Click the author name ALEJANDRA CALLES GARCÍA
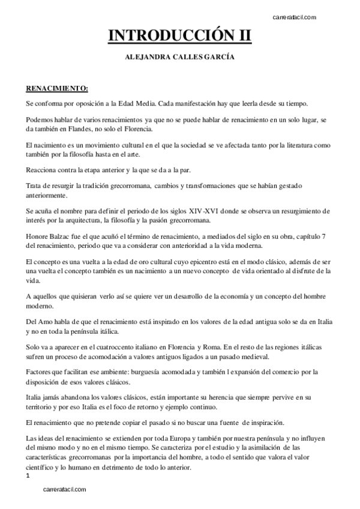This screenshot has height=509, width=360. pos(180,58)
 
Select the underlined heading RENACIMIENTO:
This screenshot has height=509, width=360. pos(57,89)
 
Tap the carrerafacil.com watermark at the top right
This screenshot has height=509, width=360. pos(295,17)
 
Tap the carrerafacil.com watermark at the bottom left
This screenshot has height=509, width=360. pos(65,489)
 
